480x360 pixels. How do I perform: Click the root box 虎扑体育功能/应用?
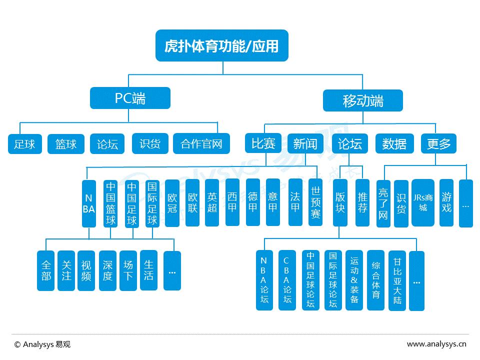(x=221, y=46)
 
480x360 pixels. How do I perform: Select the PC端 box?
(x=130, y=98)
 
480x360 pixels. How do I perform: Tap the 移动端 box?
(x=362, y=100)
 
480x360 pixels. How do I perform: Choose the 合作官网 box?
(x=201, y=144)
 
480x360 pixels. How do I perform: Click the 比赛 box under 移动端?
(x=263, y=143)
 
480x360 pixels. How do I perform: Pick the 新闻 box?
(x=305, y=143)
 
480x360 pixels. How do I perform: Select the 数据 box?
(x=394, y=143)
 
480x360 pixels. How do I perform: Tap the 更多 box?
(x=438, y=143)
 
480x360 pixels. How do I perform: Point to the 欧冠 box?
(x=172, y=202)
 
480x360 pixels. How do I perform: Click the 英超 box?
(x=212, y=202)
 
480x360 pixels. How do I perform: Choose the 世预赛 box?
(x=315, y=202)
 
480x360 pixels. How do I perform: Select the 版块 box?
(x=340, y=202)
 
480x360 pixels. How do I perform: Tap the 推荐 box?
(x=362, y=202)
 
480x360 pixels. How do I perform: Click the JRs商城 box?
(x=423, y=202)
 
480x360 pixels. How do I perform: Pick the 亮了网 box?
(x=383, y=203)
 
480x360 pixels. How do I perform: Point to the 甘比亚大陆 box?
(x=397, y=280)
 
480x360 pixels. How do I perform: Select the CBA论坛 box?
(x=287, y=280)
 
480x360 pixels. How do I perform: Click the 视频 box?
(x=86, y=270)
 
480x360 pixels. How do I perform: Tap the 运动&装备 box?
(x=354, y=280)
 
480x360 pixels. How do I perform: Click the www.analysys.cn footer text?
(x=436, y=344)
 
